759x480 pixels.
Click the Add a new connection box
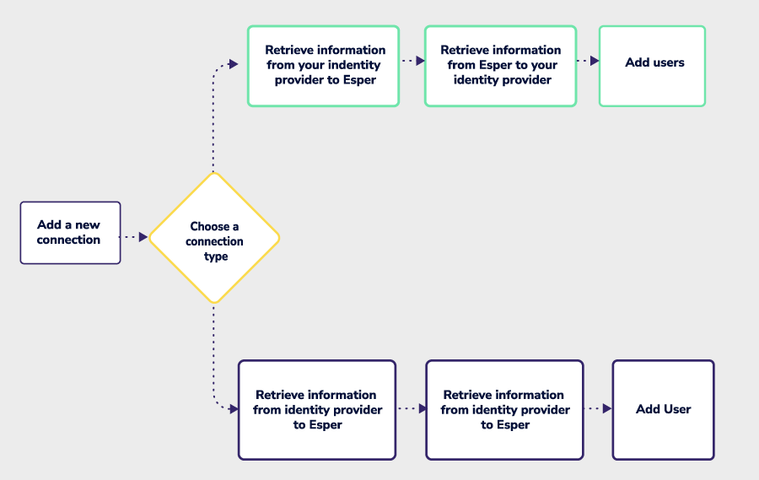(x=70, y=233)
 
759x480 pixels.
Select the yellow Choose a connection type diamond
(x=214, y=238)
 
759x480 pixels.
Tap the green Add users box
(x=652, y=66)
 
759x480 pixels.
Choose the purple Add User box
(x=663, y=410)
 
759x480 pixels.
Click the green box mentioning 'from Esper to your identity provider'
(x=500, y=66)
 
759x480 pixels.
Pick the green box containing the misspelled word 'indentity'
(x=323, y=66)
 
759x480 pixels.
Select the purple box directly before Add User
(x=504, y=410)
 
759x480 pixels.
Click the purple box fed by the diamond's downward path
(x=317, y=410)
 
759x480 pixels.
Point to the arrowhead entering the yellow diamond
(x=143, y=238)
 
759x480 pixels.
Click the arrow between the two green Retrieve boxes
(x=419, y=61)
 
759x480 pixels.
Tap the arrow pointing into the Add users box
(x=594, y=61)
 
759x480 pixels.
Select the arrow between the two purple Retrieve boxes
(x=422, y=409)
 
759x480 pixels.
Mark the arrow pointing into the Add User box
(x=606, y=409)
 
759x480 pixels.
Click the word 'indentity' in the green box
(x=353, y=65)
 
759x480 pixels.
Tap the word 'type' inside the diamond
(x=216, y=256)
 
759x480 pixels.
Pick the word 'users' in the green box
(x=667, y=62)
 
